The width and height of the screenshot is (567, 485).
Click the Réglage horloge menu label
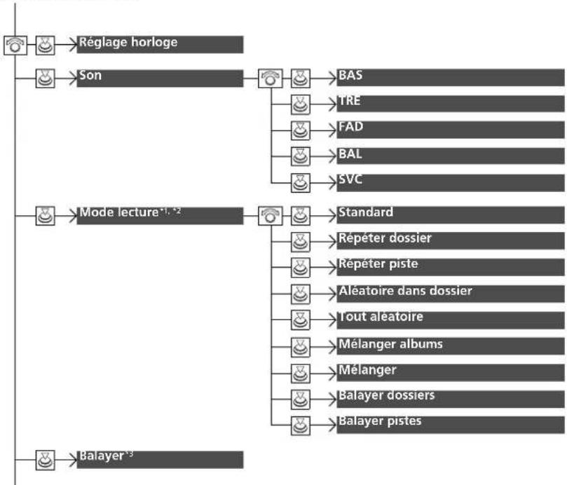(128, 42)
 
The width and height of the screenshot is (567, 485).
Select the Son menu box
(160, 78)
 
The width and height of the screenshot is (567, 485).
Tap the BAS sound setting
(350, 75)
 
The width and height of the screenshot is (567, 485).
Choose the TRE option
(349, 100)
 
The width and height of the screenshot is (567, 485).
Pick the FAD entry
(350, 127)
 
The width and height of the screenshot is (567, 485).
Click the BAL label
(350, 154)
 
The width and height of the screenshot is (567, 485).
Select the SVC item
(350, 179)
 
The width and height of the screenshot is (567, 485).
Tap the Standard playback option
(366, 212)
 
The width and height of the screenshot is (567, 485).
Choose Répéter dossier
(385, 238)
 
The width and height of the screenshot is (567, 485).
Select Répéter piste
(378, 264)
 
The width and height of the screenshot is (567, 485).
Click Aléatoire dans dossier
(405, 290)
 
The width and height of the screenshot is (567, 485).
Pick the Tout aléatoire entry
(381, 317)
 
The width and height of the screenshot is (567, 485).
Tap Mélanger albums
(390, 343)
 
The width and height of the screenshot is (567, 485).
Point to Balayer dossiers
(386, 395)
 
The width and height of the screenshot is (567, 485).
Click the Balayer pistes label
(380, 421)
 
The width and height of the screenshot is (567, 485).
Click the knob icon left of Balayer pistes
(300, 425)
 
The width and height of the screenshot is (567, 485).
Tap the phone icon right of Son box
(270, 78)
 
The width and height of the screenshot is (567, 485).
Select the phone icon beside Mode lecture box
(270, 216)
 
